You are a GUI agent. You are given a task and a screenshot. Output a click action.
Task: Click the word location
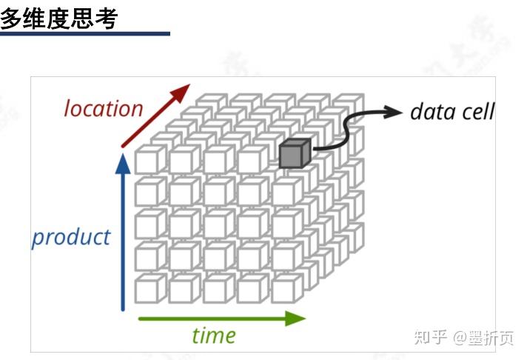coord(103,108)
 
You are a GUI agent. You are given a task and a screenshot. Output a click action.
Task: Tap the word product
coord(70,238)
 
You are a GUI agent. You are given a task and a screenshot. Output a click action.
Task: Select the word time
coord(213,335)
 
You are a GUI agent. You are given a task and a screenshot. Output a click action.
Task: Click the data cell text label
coord(452,112)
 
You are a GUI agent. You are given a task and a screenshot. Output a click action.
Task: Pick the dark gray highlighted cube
coord(293,153)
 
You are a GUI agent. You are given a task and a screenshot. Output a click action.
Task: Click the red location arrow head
coord(180,94)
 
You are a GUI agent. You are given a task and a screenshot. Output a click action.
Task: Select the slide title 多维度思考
coord(59,18)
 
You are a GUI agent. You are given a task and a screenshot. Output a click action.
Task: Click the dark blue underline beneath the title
coord(84,33)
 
